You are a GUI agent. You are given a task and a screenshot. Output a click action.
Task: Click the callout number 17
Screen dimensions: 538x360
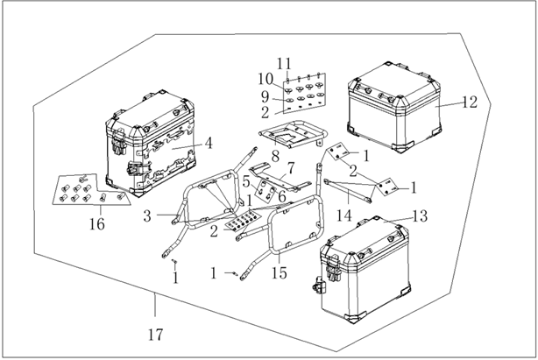155,335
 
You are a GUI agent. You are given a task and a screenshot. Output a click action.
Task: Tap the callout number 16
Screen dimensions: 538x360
97,224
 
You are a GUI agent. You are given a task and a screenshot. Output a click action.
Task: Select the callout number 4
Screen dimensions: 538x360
209,144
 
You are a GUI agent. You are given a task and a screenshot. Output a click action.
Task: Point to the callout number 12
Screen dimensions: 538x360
470,102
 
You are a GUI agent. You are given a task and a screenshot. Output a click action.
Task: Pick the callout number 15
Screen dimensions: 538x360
279,273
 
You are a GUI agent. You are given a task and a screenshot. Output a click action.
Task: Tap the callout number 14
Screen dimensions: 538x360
343,215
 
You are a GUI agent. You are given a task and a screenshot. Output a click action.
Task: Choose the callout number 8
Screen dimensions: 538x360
275,156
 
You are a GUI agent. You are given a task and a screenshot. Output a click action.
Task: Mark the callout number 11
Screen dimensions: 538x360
284,64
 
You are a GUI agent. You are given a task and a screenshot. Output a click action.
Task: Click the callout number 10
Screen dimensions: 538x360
265,79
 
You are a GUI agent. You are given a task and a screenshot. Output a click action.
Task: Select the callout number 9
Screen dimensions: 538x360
265,97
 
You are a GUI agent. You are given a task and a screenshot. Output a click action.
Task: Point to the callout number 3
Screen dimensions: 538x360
147,216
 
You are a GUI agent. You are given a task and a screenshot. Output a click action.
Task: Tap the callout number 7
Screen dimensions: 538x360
291,168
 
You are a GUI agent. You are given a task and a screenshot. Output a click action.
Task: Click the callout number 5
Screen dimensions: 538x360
246,182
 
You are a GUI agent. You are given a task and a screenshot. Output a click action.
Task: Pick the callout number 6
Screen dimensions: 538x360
282,197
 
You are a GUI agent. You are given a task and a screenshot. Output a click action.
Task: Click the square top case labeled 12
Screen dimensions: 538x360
394,108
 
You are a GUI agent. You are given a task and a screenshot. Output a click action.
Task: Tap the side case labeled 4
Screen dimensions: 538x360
151,144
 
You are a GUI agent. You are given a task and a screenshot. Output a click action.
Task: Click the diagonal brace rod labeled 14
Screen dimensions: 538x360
347,189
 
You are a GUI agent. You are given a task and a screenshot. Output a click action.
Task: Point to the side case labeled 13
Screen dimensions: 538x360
365,270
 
